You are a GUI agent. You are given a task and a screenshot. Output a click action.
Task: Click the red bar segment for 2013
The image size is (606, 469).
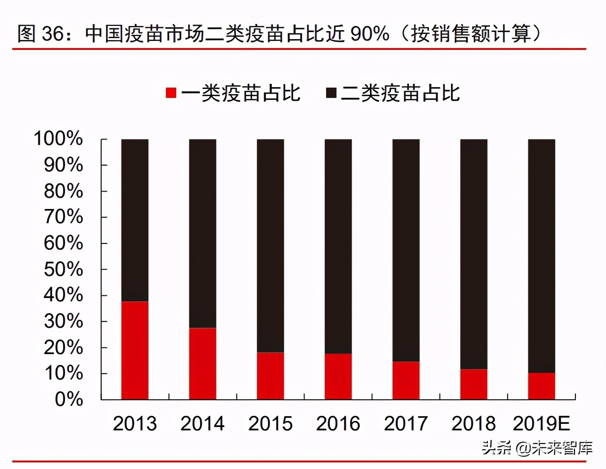(135, 350)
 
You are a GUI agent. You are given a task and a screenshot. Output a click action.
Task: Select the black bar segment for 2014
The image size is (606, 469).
(203, 233)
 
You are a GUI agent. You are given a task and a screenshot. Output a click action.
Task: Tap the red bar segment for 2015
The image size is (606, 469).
(270, 376)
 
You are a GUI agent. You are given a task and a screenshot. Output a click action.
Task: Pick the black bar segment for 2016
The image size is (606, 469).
(338, 246)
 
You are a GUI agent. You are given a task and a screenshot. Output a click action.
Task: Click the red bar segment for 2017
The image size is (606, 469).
(406, 380)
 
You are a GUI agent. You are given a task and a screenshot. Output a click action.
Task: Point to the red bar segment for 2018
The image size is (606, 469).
(474, 384)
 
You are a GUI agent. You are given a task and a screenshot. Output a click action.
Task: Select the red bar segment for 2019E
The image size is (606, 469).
(541, 386)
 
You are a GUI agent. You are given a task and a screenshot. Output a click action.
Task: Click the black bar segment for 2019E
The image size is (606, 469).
(541, 256)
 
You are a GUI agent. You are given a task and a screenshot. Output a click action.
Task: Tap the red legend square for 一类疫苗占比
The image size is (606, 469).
(171, 93)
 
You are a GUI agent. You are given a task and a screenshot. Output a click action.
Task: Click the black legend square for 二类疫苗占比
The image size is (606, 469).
(331, 93)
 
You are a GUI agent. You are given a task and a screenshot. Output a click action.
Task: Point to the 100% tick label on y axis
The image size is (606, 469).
(58, 139)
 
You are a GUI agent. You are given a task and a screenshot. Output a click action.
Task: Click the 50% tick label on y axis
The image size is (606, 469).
(63, 269)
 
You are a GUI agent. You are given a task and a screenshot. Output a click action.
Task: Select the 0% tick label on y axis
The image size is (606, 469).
(69, 399)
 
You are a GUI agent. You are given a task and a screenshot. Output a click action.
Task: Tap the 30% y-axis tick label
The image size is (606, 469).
(63, 321)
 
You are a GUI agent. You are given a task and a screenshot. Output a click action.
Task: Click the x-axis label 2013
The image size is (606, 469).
(135, 424)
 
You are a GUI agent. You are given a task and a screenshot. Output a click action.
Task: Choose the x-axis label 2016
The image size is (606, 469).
(338, 424)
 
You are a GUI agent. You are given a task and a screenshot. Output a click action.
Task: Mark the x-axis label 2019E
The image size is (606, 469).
(541, 424)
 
